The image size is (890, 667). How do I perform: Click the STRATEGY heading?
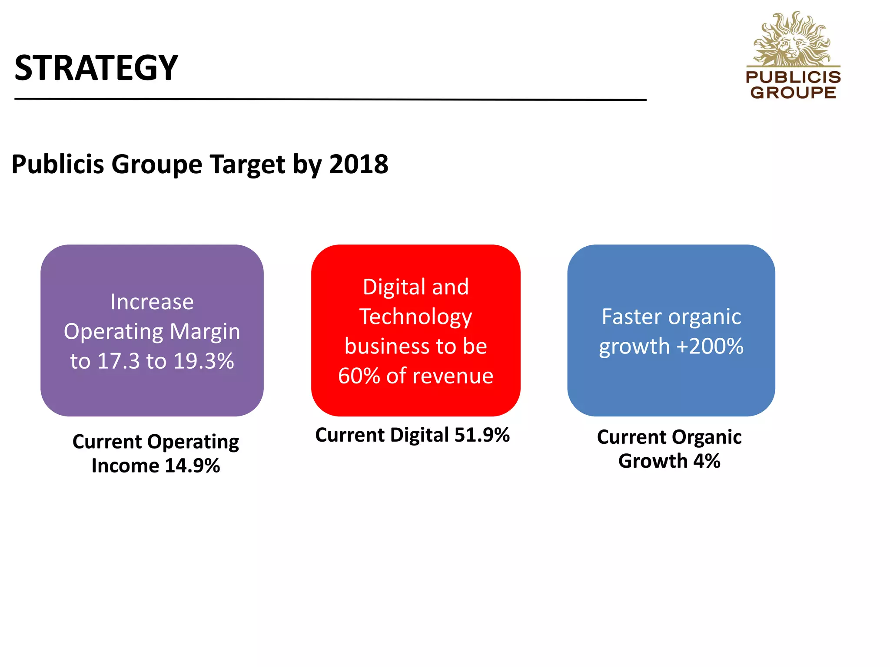(x=96, y=68)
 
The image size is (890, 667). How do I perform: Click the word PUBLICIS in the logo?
(x=793, y=77)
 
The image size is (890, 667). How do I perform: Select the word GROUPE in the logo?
(x=793, y=92)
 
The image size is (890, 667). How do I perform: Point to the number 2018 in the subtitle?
(x=359, y=165)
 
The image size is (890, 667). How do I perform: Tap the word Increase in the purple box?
(x=152, y=302)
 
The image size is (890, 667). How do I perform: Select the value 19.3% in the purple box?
(x=203, y=361)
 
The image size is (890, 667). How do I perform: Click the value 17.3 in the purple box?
(x=118, y=361)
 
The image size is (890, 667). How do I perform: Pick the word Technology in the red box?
(x=415, y=317)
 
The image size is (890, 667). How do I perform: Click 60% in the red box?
(x=359, y=376)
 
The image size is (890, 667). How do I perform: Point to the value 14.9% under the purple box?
(x=192, y=466)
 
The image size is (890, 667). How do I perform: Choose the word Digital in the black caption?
(x=419, y=435)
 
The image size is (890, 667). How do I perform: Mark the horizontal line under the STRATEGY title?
(x=330, y=99)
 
